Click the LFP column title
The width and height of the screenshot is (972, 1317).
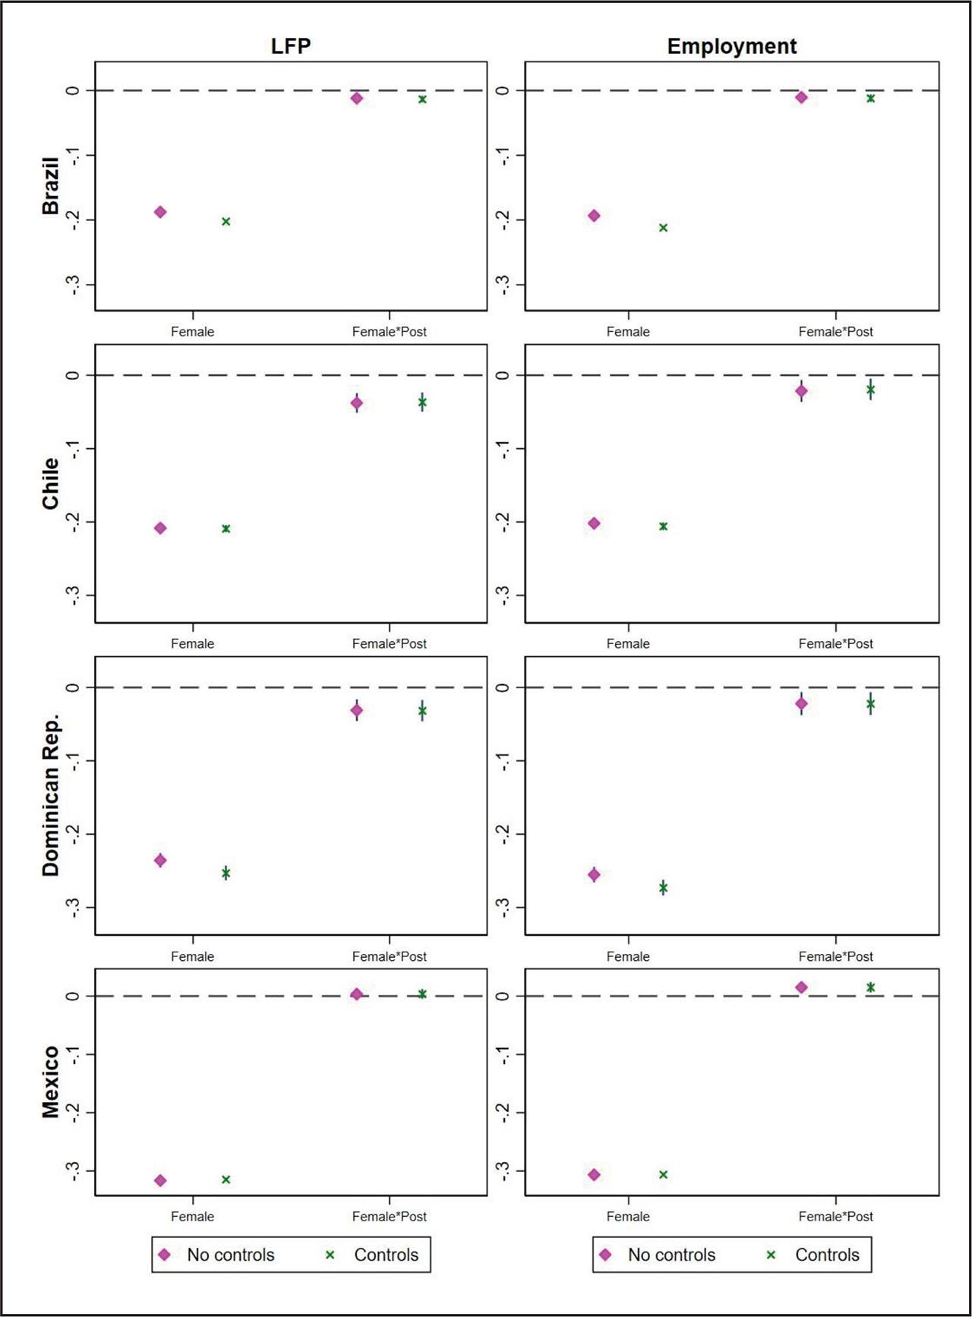(291, 46)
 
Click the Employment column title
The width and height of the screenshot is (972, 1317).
(731, 46)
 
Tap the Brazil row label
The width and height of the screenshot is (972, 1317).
(50, 186)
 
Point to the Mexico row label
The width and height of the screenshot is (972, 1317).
(50, 1082)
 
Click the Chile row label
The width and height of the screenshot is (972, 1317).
(50, 484)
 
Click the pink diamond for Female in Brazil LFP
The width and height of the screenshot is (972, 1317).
(160, 212)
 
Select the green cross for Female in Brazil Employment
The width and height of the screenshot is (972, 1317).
(663, 228)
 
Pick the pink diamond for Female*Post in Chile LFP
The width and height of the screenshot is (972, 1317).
(357, 403)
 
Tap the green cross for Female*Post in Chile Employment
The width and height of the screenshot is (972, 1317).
(870, 390)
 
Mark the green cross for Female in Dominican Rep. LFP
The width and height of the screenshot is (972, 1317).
(226, 873)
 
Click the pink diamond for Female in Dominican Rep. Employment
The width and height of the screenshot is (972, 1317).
(594, 875)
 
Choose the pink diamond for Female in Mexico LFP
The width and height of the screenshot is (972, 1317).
(160, 1180)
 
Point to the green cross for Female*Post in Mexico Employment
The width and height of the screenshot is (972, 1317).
(870, 987)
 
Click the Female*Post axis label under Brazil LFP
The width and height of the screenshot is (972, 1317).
(389, 332)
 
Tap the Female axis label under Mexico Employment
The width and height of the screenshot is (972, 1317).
(628, 1216)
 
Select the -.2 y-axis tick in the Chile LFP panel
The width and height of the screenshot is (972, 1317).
(73, 522)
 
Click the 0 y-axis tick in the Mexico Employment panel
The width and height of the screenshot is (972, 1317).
(502, 996)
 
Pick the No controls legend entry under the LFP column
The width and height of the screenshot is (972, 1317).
(216, 1255)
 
